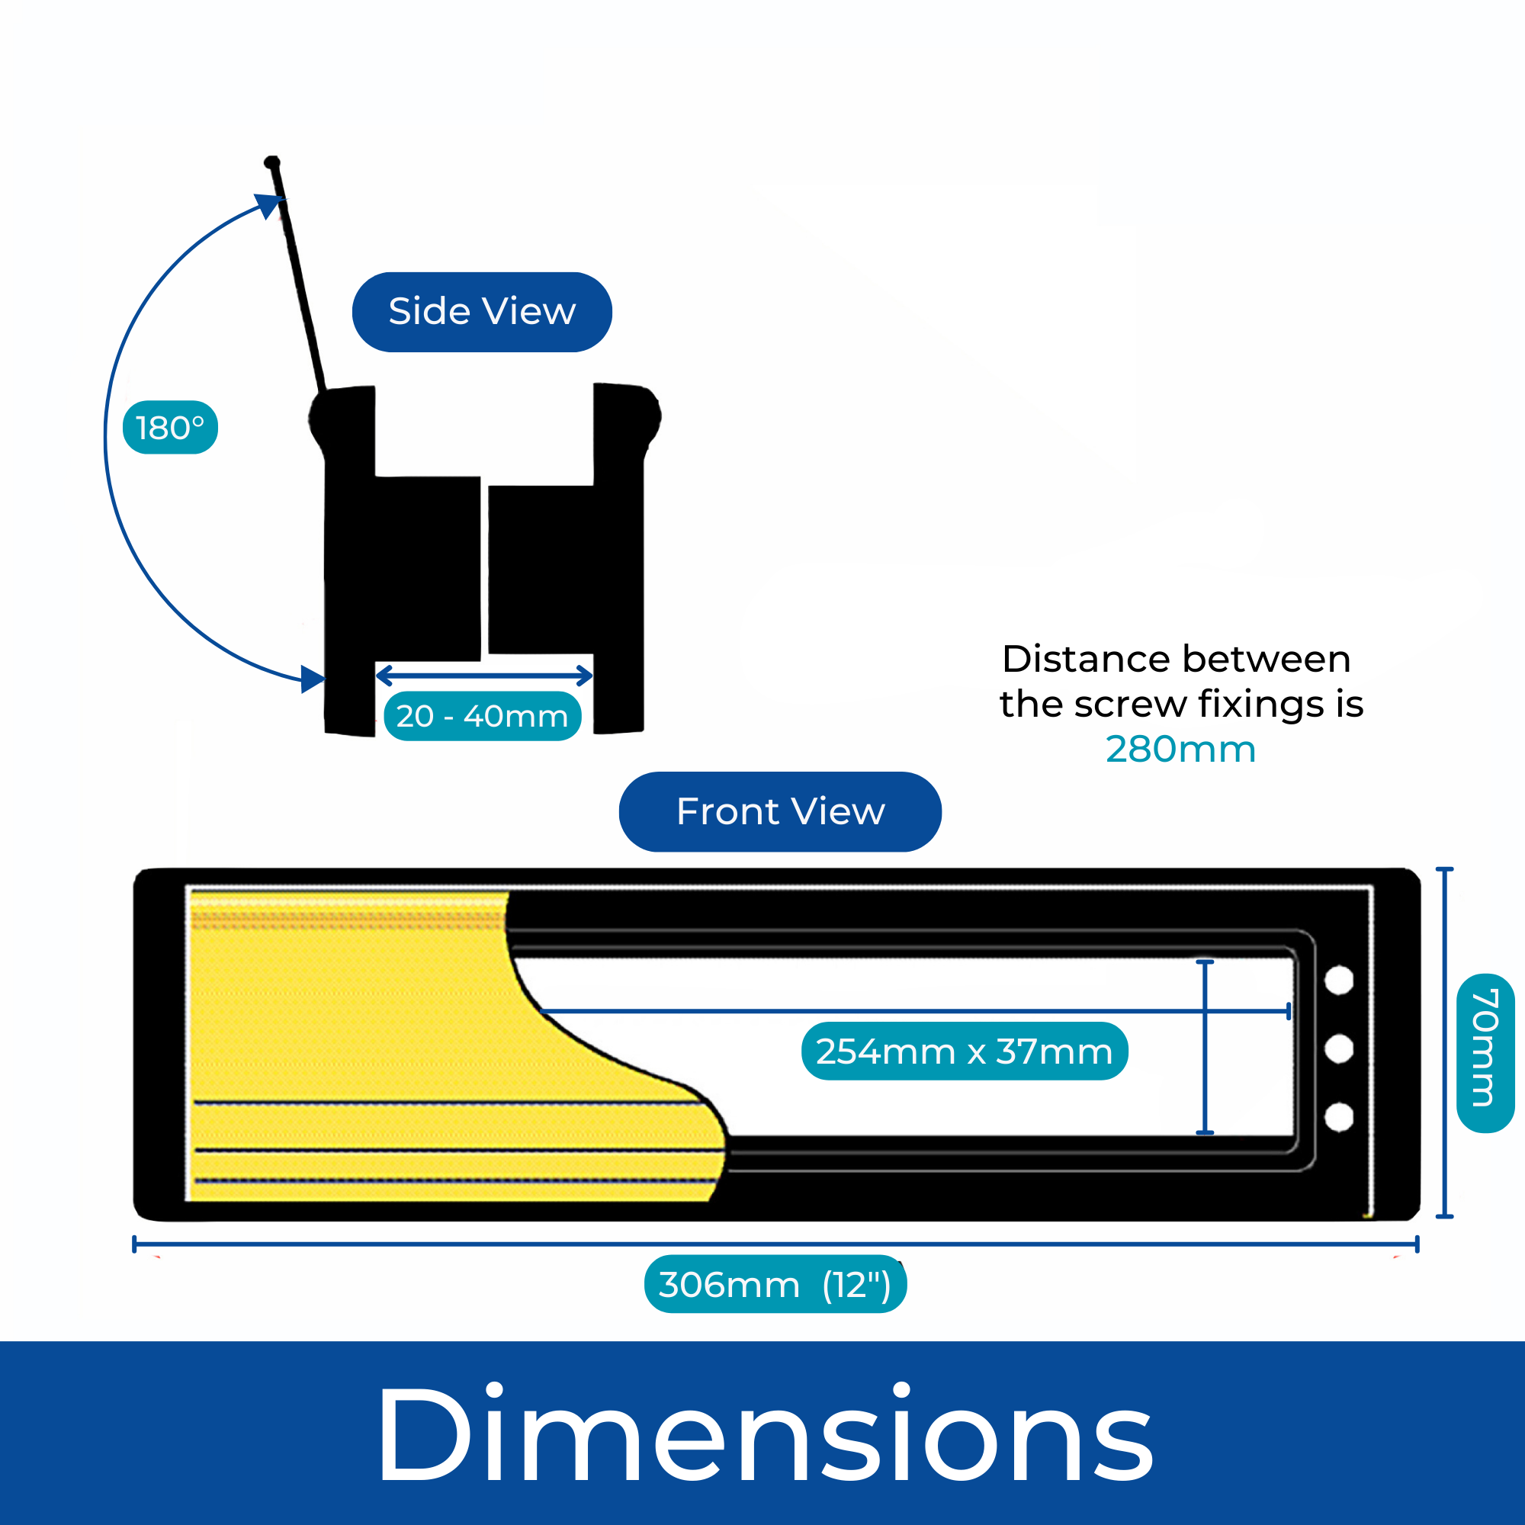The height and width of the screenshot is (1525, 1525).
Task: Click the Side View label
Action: pyautogui.click(x=481, y=312)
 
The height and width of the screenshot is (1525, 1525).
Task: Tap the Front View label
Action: pyautogui.click(x=780, y=811)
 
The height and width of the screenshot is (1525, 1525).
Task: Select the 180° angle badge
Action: pyautogui.click(x=170, y=428)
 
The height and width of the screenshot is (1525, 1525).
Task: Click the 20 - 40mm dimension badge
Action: pyautogui.click(x=483, y=716)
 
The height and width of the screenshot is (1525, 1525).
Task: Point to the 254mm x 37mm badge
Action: pyautogui.click(x=964, y=1051)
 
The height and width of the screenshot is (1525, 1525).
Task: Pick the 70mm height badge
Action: pyautogui.click(x=1484, y=1054)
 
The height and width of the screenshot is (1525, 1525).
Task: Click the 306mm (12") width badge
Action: pyautogui.click(x=775, y=1285)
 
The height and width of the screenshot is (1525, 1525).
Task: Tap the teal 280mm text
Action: pyautogui.click(x=1180, y=749)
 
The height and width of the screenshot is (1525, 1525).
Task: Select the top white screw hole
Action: pyautogui.click(x=1340, y=981)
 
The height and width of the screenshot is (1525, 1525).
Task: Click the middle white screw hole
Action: pyautogui.click(x=1340, y=1049)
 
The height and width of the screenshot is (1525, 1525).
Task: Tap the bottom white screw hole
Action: pyautogui.click(x=1340, y=1118)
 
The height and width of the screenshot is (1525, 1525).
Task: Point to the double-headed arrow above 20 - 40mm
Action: pyautogui.click(x=484, y=676)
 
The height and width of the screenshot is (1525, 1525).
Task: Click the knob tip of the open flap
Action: pyautogui.click(x=272, y=162)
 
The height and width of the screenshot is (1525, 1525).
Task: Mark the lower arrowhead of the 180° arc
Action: pyautogui.click(x=313, y=679)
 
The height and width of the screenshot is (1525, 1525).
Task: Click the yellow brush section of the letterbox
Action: pyautogui.click(x=355, y=1026)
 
